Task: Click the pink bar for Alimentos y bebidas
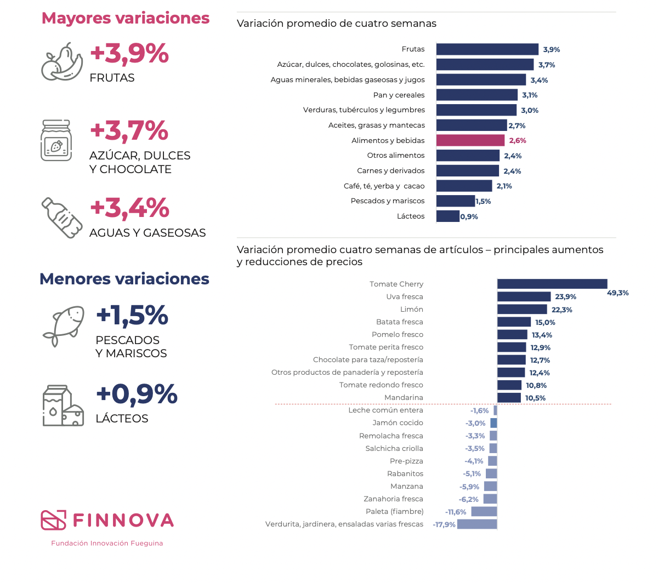pos(470,140)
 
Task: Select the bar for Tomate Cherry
pos(552,284)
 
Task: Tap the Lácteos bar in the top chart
pos(448,216)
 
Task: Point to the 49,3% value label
pos(618,293)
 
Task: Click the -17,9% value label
pos(444,524)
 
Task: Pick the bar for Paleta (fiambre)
pos(484,512)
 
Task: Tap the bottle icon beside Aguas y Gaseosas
pos(62,218)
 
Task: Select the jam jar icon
pos(56,141)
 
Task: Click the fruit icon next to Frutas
pos(61,62)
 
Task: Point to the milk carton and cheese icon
pos(63,405)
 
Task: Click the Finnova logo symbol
pos(53,520)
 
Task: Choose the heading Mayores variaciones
pos(126,18)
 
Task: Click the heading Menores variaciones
pos(124,279)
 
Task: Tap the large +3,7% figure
pos(129,131)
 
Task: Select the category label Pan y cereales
pos(399,95)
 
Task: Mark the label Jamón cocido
pos(398,422)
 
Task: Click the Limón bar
pos(522,310)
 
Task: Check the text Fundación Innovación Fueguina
pos(107,543)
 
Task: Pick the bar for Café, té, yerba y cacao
pos(464,186)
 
